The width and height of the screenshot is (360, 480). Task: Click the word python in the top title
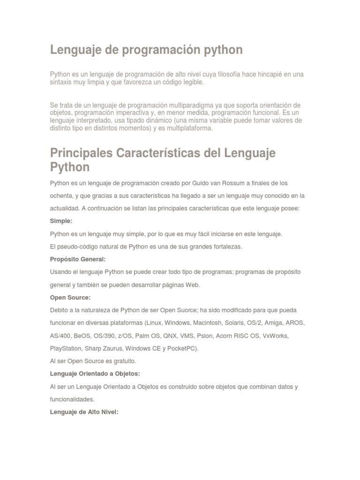click(221, 50)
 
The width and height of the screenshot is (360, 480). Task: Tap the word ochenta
click(61, 195)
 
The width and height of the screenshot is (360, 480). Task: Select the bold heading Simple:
click(61, 221)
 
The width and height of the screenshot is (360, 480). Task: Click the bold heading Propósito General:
click(78, 259)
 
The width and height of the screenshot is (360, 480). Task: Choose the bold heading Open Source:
click(70, 297)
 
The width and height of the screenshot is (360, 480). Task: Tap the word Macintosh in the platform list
click(208, 323)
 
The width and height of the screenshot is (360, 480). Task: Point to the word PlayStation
click(65, 349)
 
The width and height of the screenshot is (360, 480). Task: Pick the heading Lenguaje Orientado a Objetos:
click(95, 374)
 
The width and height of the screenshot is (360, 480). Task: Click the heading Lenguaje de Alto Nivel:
click(84, 412)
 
